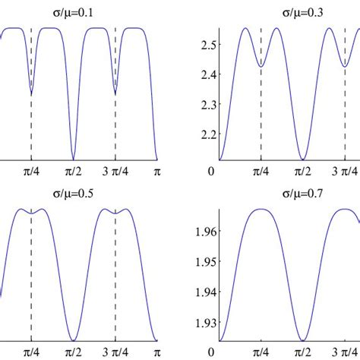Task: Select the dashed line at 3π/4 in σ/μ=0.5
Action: [115, 289]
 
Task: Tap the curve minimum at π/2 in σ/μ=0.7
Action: [302, 339]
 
